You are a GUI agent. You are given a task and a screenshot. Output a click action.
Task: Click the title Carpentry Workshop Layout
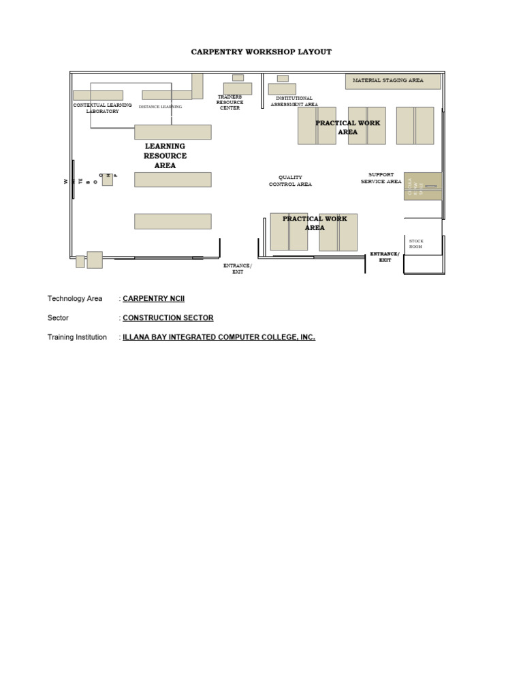[261, 52]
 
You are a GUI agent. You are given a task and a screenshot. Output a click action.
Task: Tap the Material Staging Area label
[387, 80]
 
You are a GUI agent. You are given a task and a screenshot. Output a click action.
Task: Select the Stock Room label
[415, 244]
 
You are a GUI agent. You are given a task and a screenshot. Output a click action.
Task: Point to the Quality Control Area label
[290, 181]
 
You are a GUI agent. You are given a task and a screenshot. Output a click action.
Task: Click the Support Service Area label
[381, 178]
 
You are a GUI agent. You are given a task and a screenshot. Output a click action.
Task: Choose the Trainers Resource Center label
[229, 103]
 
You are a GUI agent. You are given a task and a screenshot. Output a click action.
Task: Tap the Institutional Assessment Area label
[294, 101]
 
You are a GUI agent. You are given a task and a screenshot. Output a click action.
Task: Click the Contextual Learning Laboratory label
[102, 108]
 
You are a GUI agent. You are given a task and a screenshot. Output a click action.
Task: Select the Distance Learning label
[160, 107]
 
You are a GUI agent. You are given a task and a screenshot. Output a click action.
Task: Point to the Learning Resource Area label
[165, 156]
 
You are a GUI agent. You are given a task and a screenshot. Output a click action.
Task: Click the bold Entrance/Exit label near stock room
[385, 257]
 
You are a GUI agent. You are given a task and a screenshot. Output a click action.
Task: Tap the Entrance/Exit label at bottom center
[238, 268]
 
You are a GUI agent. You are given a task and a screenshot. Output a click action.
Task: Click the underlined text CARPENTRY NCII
[153, 299]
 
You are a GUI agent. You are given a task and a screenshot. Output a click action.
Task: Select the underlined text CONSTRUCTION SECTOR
[168, 318]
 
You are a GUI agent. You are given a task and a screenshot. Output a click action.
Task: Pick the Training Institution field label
[77, 337]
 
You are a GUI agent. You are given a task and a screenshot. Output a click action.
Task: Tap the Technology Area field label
[75, 299]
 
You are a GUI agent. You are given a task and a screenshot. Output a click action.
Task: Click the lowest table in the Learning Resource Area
[172, 221]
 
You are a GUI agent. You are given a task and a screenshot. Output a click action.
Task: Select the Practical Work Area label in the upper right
[347, 127]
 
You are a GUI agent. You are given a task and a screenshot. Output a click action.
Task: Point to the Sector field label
[58, 318]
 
